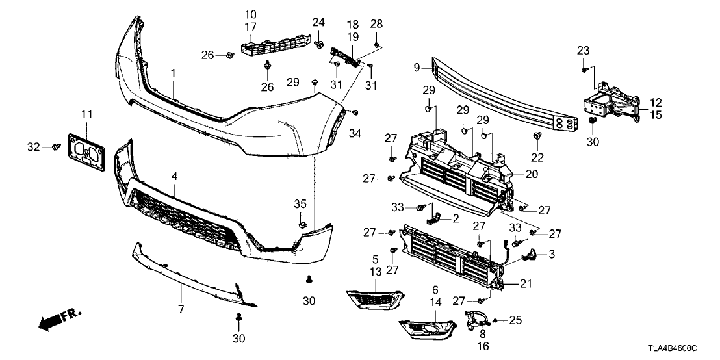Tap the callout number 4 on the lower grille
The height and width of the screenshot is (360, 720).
point(175,175)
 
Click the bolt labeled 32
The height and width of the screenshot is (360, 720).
point(56,148)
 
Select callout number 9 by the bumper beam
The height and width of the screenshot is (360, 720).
point(418,66)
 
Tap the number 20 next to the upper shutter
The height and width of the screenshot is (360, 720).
point(532,174)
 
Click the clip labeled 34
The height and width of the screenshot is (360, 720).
point(355,114)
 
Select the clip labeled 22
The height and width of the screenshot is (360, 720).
point(537,135)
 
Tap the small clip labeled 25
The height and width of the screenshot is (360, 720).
point(495,320)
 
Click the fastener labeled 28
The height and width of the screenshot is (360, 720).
point(377,45)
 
